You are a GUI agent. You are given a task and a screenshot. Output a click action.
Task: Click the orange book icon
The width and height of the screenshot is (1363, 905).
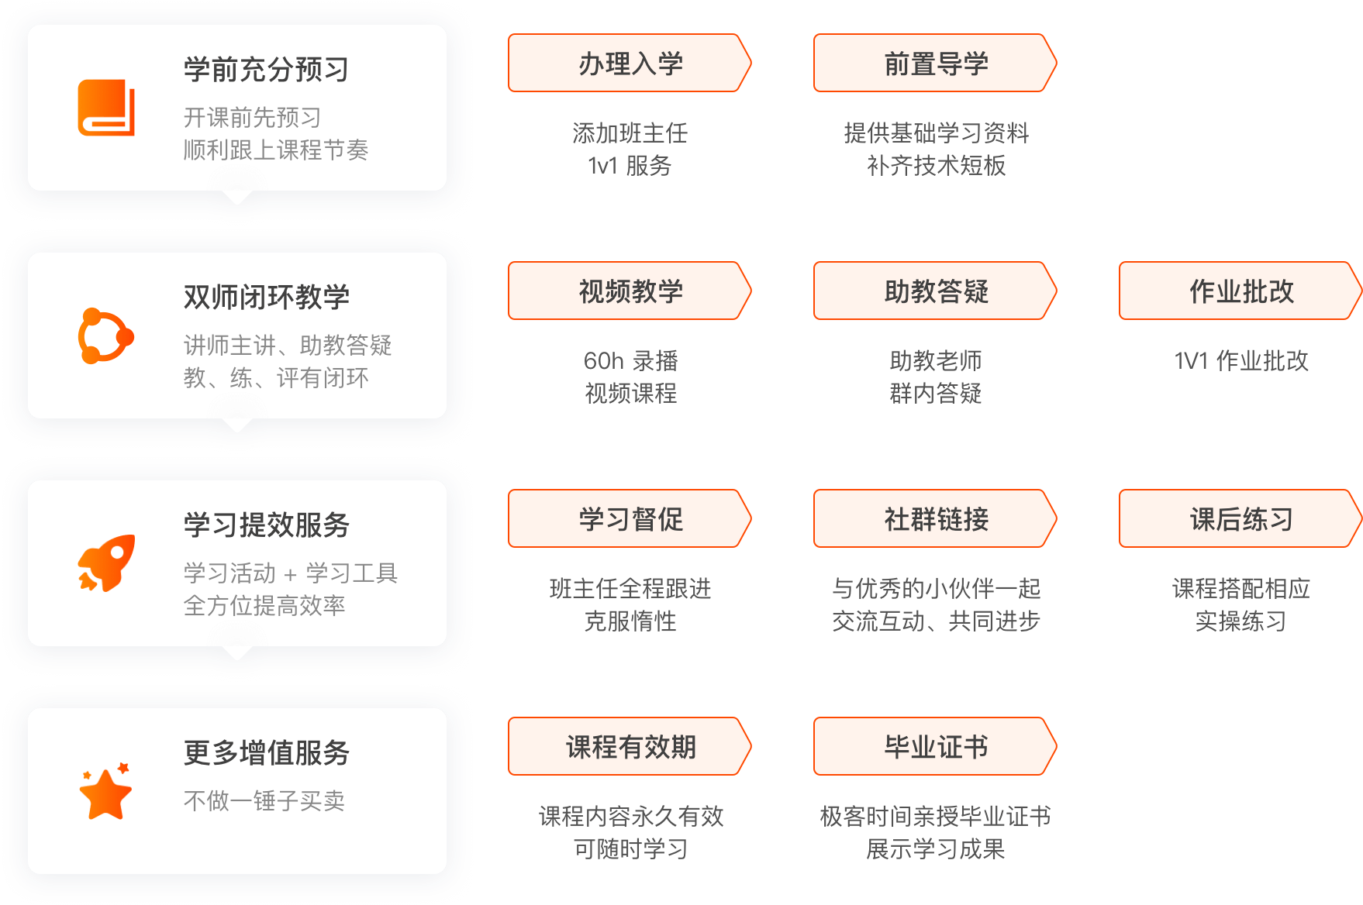click(x=106, y=108)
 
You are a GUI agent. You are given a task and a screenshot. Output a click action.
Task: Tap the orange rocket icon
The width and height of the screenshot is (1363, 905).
click(x=106, y=563)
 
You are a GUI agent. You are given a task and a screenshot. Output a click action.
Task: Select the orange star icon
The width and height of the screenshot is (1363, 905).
click(x=106, y=791)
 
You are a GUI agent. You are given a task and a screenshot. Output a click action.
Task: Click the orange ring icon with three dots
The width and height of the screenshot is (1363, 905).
click(x=106, y=336)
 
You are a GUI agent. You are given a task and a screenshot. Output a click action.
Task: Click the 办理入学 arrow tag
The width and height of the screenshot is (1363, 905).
click(x=630, y=63)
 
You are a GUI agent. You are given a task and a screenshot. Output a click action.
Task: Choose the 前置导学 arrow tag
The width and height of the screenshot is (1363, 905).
click(x=935, y=63)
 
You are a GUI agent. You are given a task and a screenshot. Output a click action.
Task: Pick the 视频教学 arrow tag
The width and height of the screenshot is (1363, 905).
click(x=630, y=291)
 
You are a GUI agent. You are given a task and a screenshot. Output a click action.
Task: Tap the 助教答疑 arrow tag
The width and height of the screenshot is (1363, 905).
click(x=935, y=291)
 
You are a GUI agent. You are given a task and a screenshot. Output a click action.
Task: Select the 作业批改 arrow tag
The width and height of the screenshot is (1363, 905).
click(x=1241, y=291)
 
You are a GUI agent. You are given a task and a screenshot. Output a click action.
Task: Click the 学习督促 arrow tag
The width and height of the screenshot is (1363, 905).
click(x=630, y=518)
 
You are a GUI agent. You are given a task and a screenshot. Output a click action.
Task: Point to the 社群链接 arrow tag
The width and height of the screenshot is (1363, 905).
click(x=935, y=518)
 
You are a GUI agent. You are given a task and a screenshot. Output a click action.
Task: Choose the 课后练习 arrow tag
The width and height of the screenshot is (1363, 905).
click(x=1241, y=518)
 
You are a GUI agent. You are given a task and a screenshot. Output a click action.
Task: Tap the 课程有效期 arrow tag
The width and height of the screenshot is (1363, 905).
click(x=630, y=746)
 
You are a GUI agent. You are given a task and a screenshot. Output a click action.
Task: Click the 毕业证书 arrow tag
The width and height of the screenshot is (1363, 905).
click(x=935, y=746)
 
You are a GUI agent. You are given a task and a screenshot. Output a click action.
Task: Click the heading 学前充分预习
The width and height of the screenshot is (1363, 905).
click(x=267, y=70)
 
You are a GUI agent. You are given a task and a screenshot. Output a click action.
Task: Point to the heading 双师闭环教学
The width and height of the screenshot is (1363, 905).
click(x=267, y=298)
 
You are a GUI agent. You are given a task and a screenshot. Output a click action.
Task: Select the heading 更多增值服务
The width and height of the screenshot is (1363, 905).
click(x=267, y=753)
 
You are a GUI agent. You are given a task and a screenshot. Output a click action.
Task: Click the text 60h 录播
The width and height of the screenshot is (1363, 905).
click(x=631, y=361)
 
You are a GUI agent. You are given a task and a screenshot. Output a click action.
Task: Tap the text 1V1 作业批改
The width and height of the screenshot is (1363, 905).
click(x=1241, y=361)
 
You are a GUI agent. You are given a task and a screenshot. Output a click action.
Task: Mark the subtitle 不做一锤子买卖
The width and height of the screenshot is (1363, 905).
click(x=264, y=800)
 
